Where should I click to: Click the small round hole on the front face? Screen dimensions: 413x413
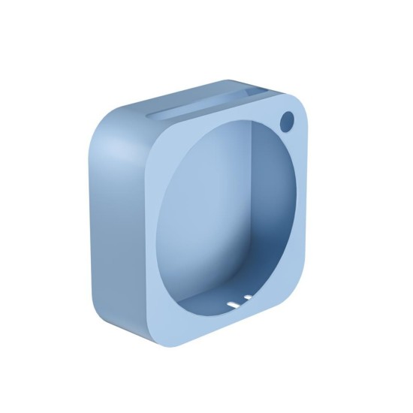[287, 119]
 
